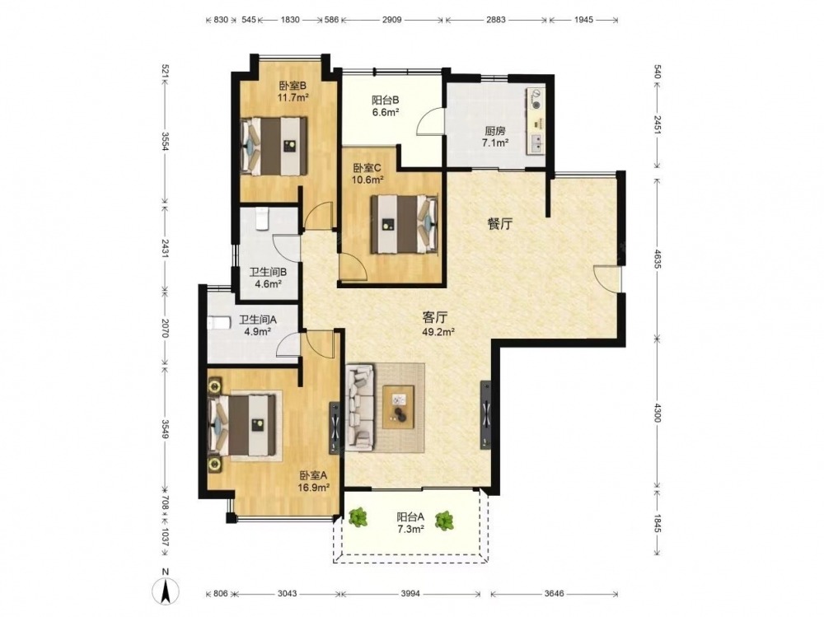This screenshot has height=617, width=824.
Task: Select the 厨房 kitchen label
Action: point(495,131)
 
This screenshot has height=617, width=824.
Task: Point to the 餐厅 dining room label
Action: point(499,224)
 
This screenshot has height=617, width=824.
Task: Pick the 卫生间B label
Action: point(268,272)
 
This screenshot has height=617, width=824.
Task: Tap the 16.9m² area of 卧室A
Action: point(314,487)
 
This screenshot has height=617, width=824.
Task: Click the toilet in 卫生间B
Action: point(262,218)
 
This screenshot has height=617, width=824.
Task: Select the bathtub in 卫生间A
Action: point(219,322)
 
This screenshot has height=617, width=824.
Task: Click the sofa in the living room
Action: point(361,409)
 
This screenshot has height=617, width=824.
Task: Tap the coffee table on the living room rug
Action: point(398,406)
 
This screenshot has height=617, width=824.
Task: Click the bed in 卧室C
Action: point(404,224)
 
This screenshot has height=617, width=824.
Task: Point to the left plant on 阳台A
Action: point(358,517)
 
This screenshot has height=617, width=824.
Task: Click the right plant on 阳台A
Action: point(445,521)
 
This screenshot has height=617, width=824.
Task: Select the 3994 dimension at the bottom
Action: point(410,593)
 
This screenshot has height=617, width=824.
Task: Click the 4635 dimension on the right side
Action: point(658,259)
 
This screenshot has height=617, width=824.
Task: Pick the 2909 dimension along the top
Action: point(391,20)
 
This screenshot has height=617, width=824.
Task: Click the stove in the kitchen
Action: point(536,100)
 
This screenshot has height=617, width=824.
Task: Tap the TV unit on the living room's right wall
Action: point(486,414)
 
